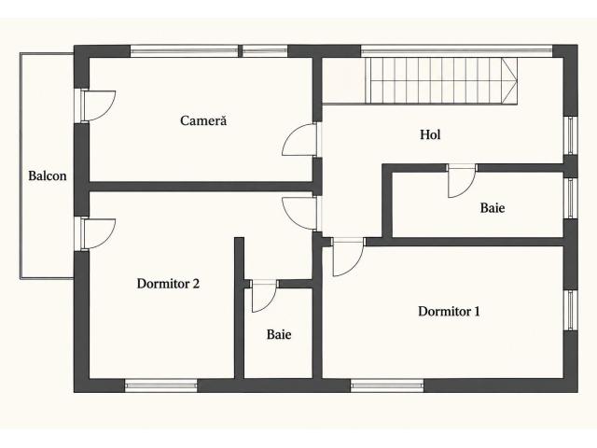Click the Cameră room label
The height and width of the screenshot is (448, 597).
tap(203, 120)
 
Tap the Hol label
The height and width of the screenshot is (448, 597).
tap(430, 134)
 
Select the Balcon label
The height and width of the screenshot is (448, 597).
tap(48, 175)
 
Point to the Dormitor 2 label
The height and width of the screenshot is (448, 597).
tap(168, 284)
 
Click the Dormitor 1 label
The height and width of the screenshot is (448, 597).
tap(449, 311)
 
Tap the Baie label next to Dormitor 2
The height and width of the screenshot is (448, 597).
tap(279, 334)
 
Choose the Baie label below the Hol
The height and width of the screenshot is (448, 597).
tap(493, 207)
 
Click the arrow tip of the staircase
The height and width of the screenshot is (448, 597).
tap(517, 80)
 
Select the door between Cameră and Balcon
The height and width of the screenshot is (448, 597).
tap(98, 105)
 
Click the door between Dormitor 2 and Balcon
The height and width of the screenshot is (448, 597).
tap(98, 234)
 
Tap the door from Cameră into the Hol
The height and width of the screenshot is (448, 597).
tap(300, 140)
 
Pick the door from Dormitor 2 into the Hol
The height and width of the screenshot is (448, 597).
tap(300, 214)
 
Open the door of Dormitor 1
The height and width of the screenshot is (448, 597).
tap(348, 257)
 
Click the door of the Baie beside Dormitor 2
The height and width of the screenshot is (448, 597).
tap(264, 297)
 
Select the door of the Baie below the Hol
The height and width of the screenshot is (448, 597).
tap(462, 181)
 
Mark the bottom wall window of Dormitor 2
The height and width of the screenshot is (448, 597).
tap(161, 385)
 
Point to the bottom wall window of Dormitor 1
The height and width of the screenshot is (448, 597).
tap(387, 385)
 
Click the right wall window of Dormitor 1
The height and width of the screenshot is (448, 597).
tap(570, 310)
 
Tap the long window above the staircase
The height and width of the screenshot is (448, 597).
tap(456, 50)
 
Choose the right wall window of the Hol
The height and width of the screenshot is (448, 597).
tap(570, 135)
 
